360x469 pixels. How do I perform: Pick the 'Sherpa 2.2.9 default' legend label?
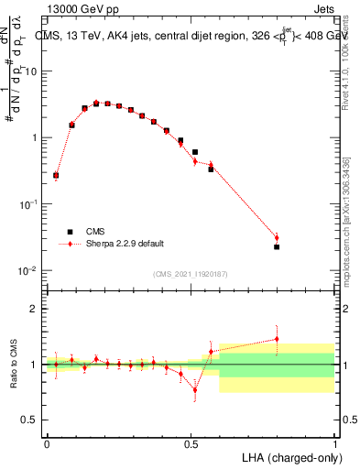click(115, 244)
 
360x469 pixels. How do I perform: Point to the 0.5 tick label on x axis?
click(191, 442)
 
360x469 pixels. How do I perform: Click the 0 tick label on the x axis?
click(47, 442)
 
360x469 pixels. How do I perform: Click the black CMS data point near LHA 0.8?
click(277, 247)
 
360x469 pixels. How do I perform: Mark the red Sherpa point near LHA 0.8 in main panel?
click(277, 238)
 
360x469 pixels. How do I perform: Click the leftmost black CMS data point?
click(56, 175)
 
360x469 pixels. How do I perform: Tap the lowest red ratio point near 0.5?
click(195, 390)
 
